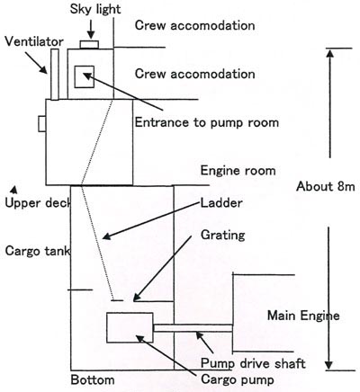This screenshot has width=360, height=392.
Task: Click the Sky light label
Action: click(x=95, y=9)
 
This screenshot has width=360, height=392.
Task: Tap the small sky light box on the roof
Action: click(x=89, y=44)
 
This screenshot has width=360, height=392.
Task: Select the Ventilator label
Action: click(x=34, y=41)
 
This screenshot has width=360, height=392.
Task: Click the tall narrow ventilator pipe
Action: click(x=55, y=75)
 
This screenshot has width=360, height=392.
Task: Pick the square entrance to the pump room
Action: click(x=85, y=76)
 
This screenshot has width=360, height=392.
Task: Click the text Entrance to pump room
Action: click(x=207, y=122)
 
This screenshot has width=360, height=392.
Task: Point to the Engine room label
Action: click(x=238, y=171)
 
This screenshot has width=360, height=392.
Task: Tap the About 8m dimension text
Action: click(x=326, y=186)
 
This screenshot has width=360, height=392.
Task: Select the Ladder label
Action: click(x=221, y=203)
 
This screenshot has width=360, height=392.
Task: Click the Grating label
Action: click(x=222, y=235)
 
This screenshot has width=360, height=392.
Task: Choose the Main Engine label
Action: click(x=303, y=316)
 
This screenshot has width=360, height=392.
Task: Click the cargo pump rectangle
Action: click(x=130, y=327)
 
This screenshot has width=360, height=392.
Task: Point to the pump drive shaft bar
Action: click(x=193, y=328)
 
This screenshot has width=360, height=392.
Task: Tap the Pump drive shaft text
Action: click(x=253, y=363)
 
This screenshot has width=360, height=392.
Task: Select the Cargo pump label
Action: click(x=238, y=379)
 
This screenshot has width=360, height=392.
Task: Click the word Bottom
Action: click(x=93, y=380)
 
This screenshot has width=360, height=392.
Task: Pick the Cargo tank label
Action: click(x=38, y=251)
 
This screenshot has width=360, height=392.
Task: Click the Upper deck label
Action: click(x=38, y=203)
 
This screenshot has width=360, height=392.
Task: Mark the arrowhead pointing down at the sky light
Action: click(x=90, y=35)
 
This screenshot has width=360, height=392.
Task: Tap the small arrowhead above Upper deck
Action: click(x=13, y=190)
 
